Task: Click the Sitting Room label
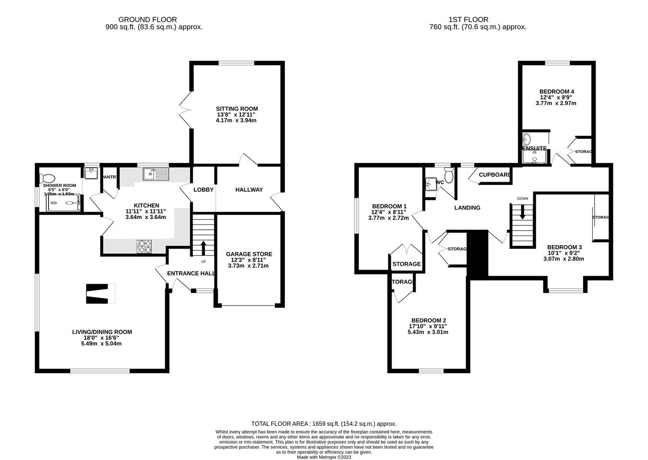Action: click(x=237, y=109)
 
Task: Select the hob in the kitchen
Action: click(x=144, y=247)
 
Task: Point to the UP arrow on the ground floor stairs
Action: click(x=203, y=248)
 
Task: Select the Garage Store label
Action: click(x=249, y=254)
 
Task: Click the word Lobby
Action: click(x=204, y=190)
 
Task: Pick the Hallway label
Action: click(x=249, y=190)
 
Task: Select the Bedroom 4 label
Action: click(x=557, y=91)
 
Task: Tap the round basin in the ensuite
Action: click(x=528, y=139)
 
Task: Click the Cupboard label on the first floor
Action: click(x=494, y=175)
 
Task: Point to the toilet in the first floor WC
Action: click(x=448, y=177)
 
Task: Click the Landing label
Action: click(x=467, y=208)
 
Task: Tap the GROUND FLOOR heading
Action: click(x=154, y=20)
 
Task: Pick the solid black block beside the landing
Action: click(x=478, y=254)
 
